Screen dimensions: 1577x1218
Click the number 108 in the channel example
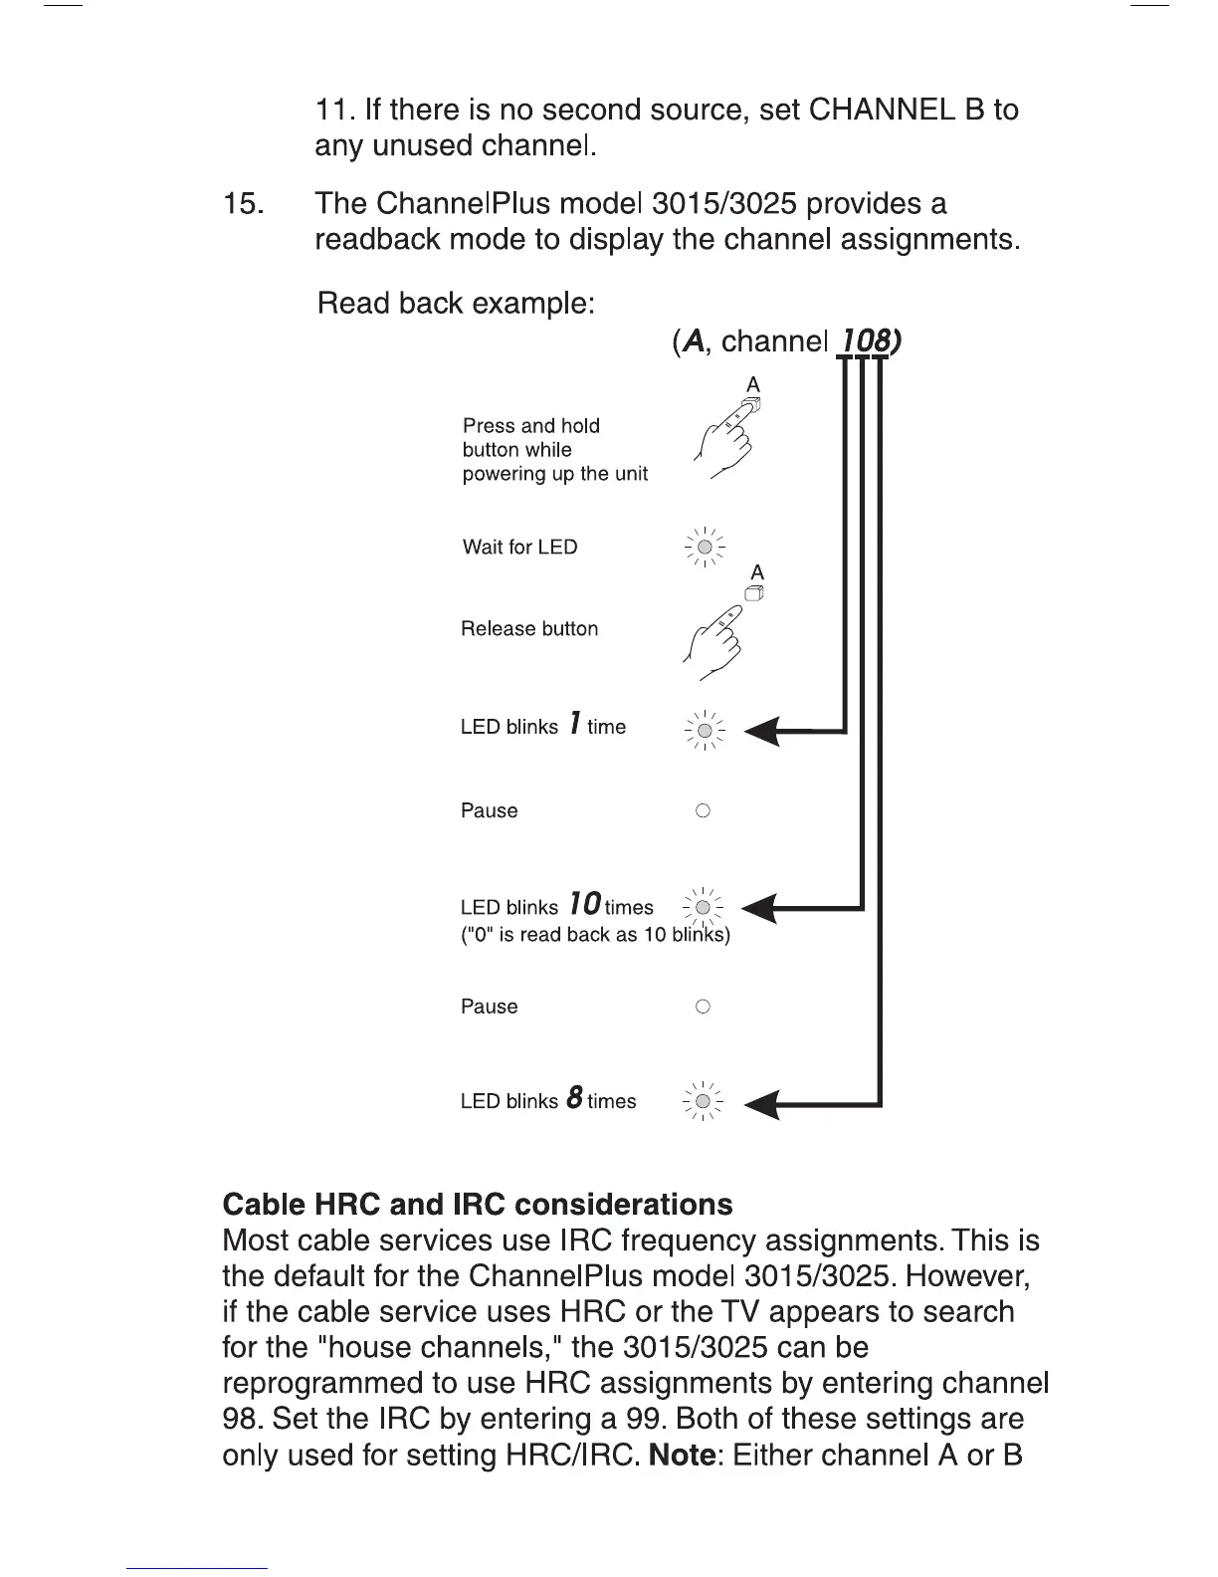[866, 341]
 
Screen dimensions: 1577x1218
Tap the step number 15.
[244, 204]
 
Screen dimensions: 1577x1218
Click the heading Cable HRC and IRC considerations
[478, 1204]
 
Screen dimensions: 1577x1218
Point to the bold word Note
[682, 1455]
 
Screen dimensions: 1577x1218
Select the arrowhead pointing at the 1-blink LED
[763, 732]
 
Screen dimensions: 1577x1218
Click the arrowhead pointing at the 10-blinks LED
[761, 908]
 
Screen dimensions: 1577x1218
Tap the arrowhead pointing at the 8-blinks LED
[763, 1103]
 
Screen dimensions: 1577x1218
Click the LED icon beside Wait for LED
[705, 547]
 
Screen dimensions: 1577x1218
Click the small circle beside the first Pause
[703, 810]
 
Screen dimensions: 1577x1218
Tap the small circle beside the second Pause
[703, 1007]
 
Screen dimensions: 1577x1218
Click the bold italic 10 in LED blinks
[585, 904]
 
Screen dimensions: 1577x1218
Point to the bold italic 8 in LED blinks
[574, 1098]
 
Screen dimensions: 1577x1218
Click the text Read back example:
[456, 303]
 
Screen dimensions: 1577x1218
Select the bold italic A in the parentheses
[694, 341]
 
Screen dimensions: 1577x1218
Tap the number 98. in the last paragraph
[242, 1419]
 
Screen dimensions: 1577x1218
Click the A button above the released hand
[755, 593]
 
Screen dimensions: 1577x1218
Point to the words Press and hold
[531, 426]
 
